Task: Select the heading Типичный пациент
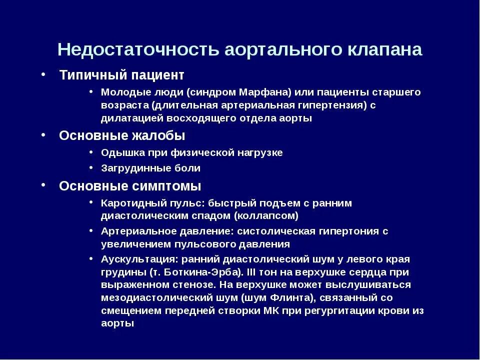[121, 75]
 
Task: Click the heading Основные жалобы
[122, 135]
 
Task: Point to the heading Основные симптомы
[130, 186]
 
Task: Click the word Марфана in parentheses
[265, 92]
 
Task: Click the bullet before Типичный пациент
[44, 74]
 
